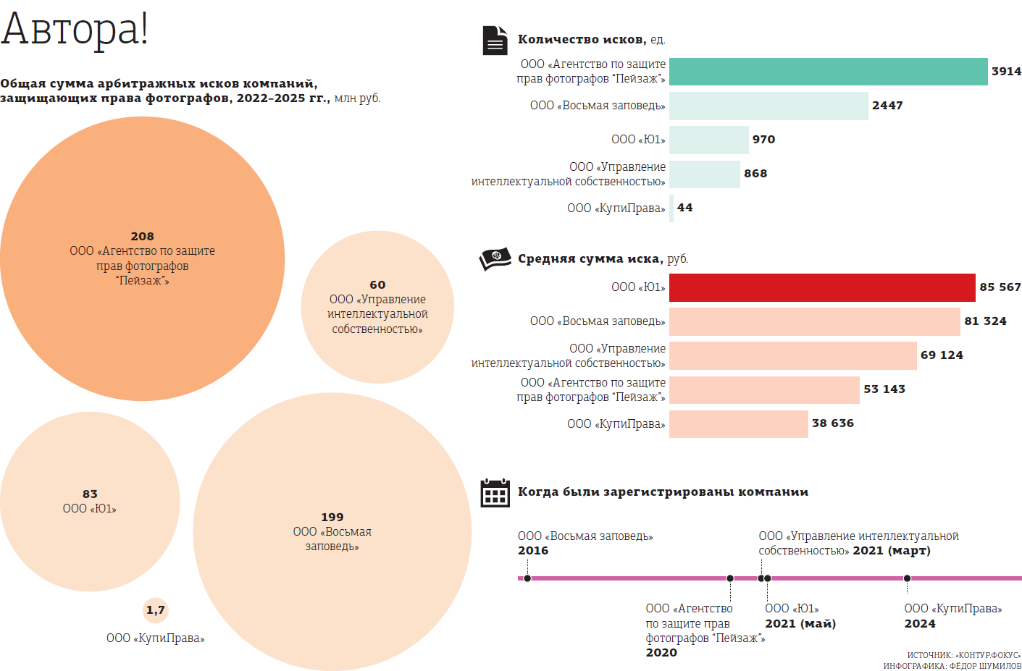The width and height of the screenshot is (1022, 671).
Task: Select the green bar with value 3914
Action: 828,72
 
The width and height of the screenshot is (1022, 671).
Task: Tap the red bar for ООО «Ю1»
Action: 822,287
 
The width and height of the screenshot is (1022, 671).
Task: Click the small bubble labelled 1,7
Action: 156,610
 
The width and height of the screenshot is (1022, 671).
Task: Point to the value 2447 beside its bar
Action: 887,106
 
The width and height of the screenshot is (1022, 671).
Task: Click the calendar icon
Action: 495,493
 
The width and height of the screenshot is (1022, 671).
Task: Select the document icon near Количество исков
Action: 495,41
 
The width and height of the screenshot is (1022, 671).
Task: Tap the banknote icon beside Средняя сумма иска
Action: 495,258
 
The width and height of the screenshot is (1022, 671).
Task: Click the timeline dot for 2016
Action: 527,578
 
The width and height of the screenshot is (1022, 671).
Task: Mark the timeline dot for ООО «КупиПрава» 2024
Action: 907,578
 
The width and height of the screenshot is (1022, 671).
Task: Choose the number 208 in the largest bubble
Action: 143,236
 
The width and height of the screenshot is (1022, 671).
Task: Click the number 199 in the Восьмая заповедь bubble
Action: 332,517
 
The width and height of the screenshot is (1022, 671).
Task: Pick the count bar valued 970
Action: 708,140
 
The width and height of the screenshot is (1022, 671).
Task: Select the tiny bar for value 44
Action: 671,208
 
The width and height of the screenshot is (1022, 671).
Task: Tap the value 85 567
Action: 1000,287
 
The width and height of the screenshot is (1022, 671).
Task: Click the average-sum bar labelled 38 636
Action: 738,424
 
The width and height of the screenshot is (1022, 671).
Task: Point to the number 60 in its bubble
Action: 377,284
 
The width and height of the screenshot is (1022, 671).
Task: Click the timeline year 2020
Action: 661,652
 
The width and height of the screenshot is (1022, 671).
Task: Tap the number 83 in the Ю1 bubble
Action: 90,494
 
